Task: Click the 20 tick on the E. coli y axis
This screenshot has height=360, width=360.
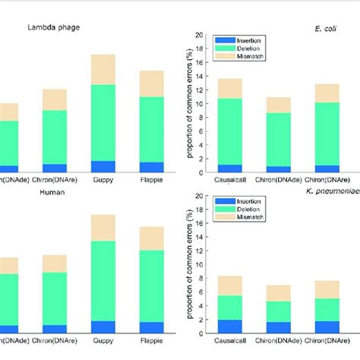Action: pyautogui.click(x=199, y=35)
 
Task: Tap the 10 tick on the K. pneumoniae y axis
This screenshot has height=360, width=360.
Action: pyautogui.click(x=199, y=264)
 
